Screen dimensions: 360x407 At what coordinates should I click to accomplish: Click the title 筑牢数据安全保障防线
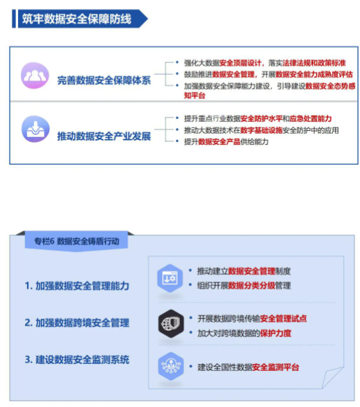tap(77, 19)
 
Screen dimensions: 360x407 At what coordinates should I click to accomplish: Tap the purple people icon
tap(35, 75)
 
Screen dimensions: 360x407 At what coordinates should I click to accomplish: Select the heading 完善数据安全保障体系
tap(104, 80)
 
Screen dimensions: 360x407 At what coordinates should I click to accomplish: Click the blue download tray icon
tap(35, 129)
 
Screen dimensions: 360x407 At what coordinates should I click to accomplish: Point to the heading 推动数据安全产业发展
tap(104, 136)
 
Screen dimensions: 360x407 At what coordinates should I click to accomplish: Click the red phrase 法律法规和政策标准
tap(314, 63)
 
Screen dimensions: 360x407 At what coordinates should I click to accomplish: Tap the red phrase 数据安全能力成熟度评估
tap(314, 75)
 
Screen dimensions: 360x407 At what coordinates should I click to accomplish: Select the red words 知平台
tap(195, 96)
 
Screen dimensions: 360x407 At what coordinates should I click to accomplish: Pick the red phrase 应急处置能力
tap(311, 118)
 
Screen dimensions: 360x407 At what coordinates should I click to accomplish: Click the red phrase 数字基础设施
tap(262, 130)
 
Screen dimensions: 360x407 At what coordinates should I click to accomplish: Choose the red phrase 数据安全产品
tap(219, 142)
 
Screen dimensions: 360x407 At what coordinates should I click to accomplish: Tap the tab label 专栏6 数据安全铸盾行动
tap(77, 241)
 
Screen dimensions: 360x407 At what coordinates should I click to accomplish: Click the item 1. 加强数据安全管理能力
tap(77, 286)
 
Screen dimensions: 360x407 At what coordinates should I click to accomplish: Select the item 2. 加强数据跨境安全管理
tap(77, 323)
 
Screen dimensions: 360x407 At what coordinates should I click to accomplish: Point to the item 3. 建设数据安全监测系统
tap(77, 360)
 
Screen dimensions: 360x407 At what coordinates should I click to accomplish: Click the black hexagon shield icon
tap(171, 324)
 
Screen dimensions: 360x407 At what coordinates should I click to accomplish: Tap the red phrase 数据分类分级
tap(251, 285)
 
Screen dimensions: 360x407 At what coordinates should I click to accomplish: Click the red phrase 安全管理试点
tap(283, 318)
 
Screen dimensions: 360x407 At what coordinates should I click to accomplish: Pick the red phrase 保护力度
tap(276, 333)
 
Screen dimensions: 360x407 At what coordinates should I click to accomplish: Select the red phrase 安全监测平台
tap(276, 368)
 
